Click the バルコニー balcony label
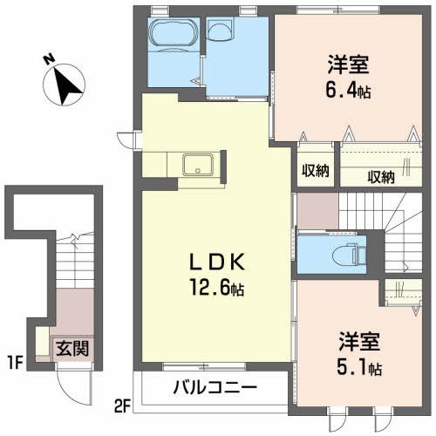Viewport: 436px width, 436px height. [213, 387]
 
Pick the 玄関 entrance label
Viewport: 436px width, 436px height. [72, 349]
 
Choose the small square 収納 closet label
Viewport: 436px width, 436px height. [315, 171]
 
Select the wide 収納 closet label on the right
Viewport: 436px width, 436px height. [380, 176]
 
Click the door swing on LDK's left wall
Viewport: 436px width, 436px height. [126, 139]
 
